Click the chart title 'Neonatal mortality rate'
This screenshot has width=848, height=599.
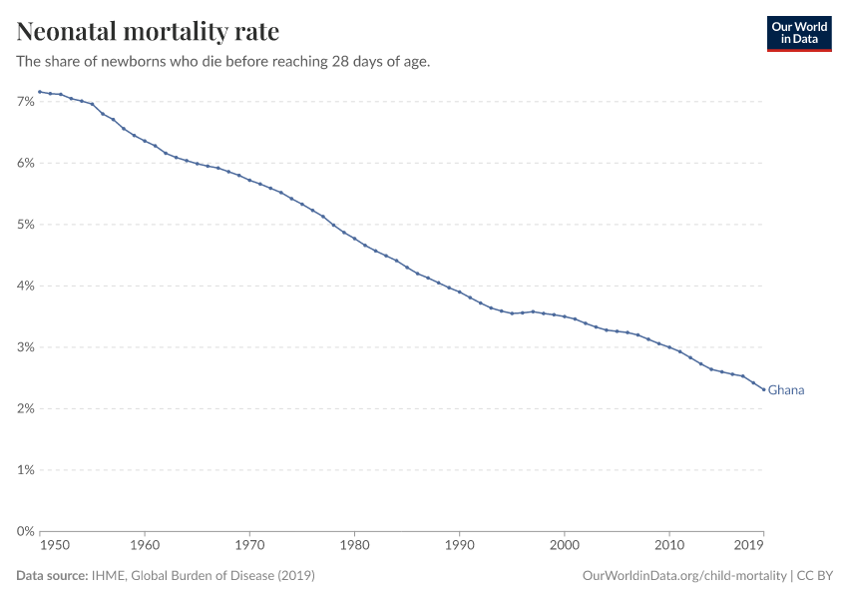148,31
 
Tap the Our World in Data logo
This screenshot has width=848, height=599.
798,33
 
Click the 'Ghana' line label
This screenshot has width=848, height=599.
786,390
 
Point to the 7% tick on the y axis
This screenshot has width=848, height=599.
26,102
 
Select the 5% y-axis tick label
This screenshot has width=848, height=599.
26,225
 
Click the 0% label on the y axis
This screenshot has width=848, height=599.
26,531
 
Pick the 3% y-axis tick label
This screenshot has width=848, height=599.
26,347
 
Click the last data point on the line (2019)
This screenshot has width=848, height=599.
764,389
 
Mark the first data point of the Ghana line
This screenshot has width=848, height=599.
40,92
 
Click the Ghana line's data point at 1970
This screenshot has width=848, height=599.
249,180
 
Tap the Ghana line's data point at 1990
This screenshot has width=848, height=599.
460,292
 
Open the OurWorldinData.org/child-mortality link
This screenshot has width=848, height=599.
683,576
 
